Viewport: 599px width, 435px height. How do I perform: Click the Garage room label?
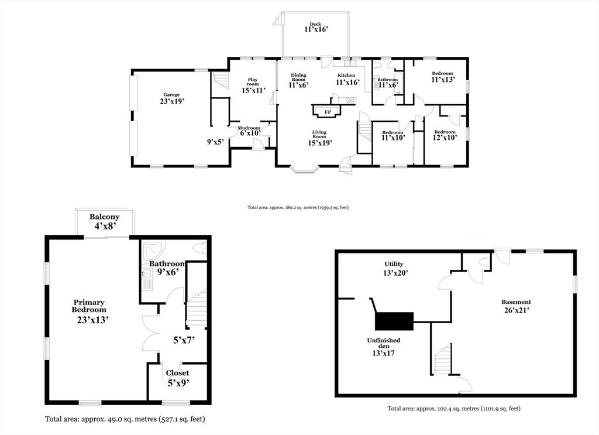(x=171, y=98)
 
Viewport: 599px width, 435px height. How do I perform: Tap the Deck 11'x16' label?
(x=315, y=27)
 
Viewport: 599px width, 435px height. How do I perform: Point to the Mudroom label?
(x=249, y=131)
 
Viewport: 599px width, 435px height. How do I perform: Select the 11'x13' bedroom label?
(x=442, y=77)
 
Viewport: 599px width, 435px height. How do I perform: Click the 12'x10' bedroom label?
(x=445, y=135)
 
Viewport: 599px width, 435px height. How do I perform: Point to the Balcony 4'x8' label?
(x=105, y=221)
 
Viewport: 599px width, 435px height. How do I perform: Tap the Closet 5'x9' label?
(x=177, y=378)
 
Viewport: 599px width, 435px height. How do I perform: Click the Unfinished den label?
(x=383, y=345)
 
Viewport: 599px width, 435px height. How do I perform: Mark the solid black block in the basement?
(x=394, y=320)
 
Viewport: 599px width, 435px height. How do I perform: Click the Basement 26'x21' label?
(x=516, y=306)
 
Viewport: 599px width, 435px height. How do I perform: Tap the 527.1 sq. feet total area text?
(x=125, y=419)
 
